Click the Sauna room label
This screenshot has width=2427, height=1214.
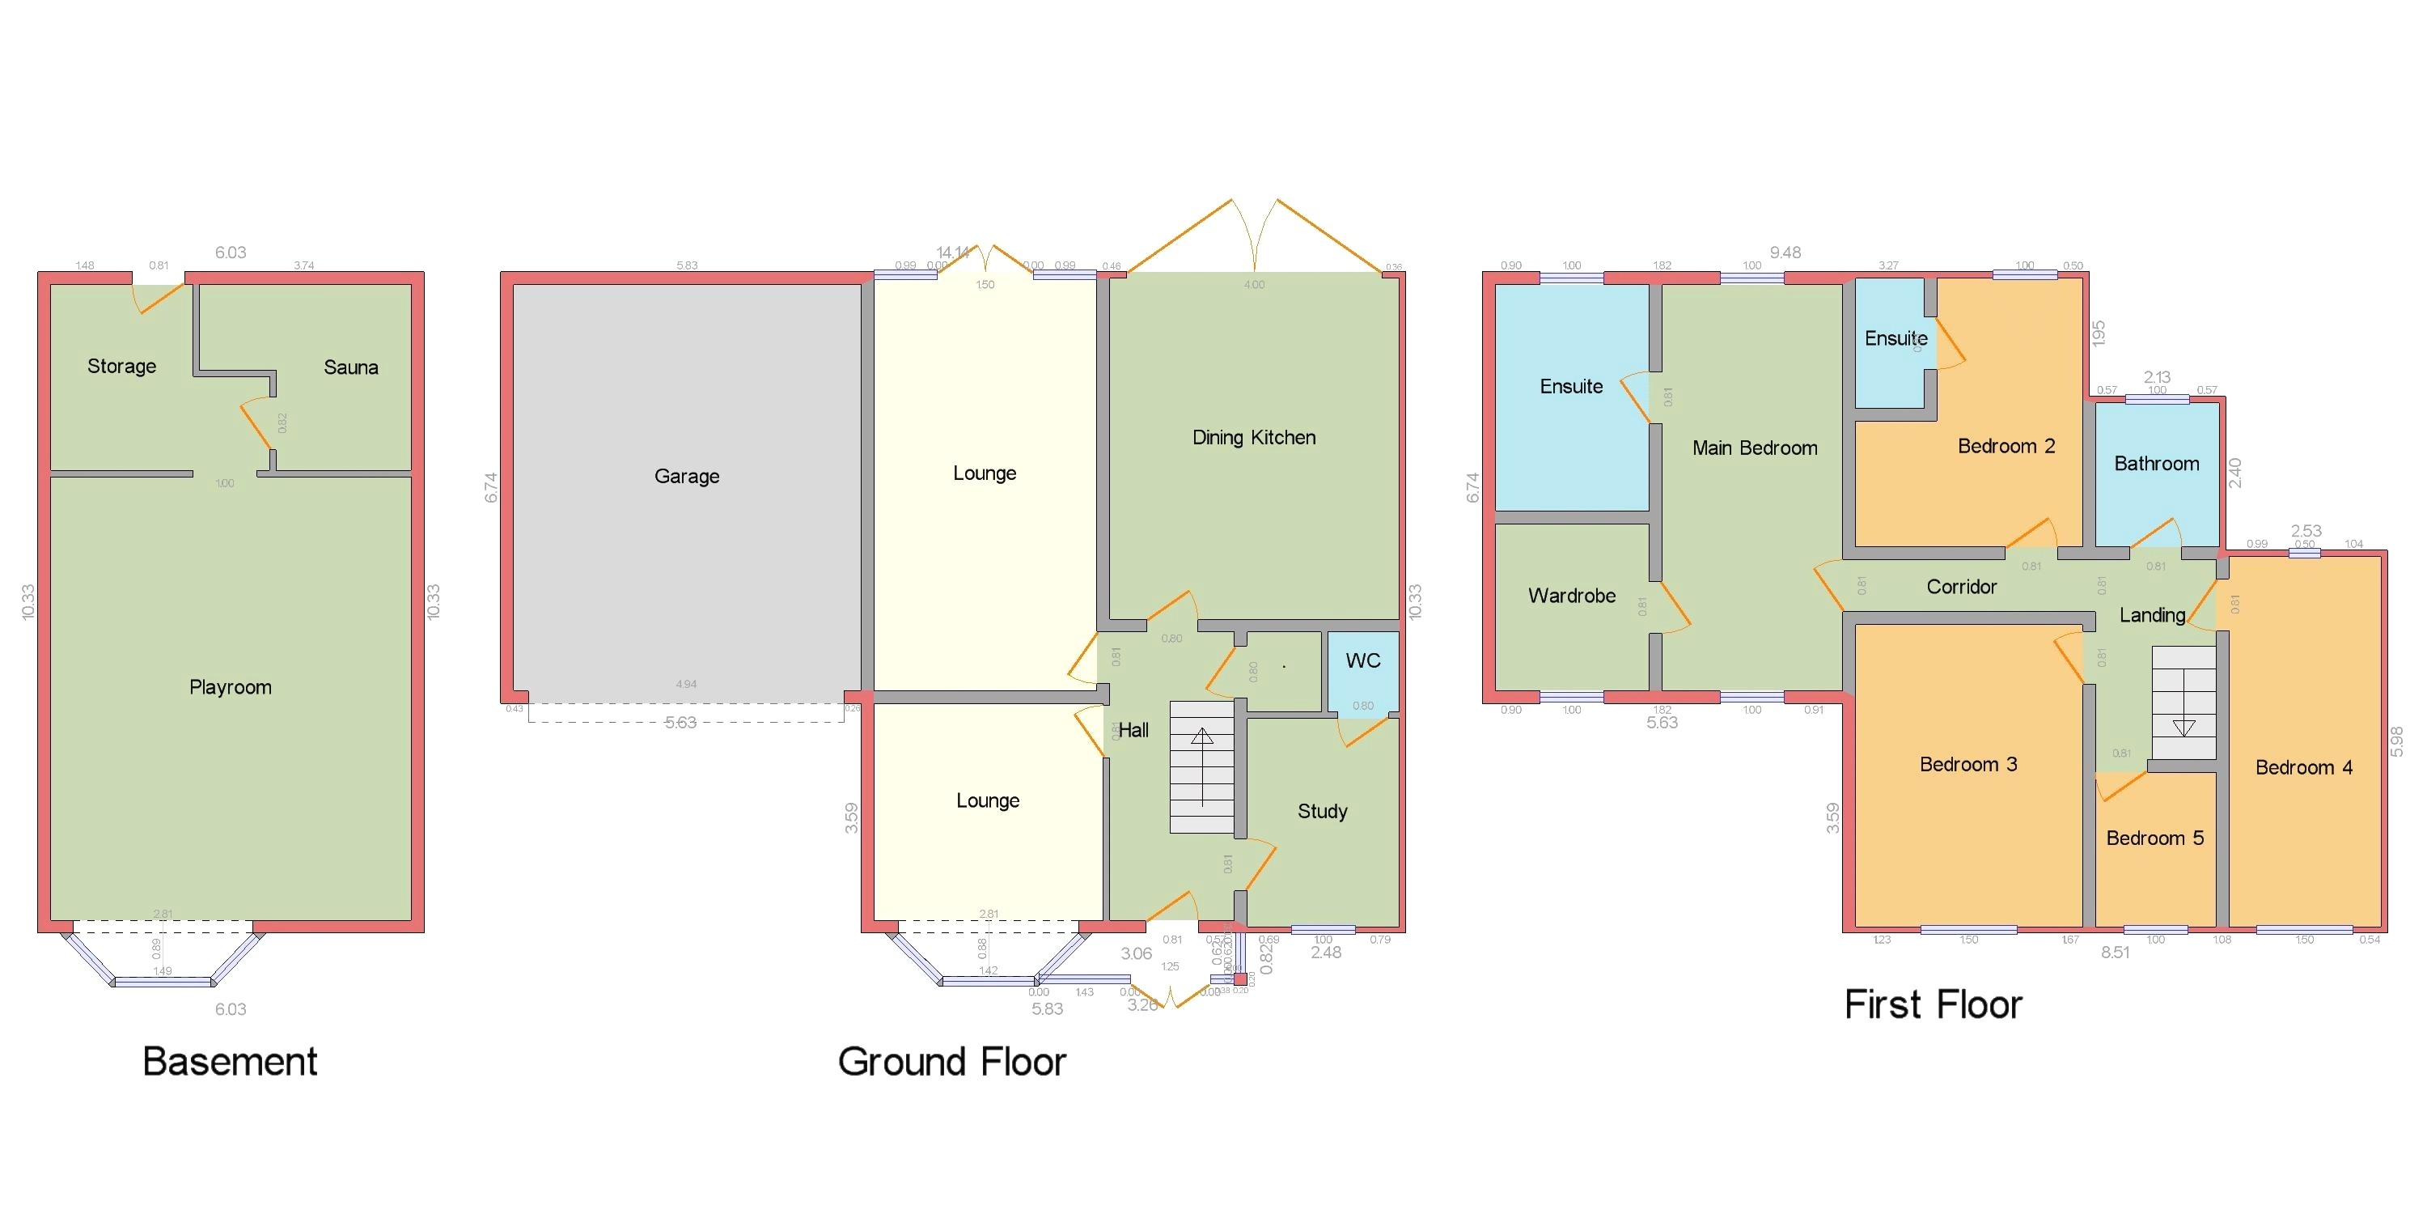point(350,367)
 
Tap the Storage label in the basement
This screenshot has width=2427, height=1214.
point(121,367)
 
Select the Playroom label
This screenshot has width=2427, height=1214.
point(230,687)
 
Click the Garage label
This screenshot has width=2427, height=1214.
point(686,476)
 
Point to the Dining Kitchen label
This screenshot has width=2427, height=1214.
point(1253,437)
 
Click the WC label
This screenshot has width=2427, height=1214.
point(1362,660)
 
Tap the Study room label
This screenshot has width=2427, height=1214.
point(1322,812)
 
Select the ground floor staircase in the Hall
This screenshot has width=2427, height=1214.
point(1201,767)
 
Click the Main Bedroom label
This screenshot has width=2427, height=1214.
point(1754,448)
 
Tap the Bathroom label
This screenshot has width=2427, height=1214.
point(2156,464)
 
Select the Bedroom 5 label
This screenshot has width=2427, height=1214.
point(2154,838)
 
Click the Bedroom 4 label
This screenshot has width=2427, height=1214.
point(2302,768)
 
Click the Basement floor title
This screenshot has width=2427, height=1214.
point(229,1062)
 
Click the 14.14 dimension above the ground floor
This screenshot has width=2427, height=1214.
point(951,253)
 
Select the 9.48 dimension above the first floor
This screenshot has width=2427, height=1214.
point(1785,253)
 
